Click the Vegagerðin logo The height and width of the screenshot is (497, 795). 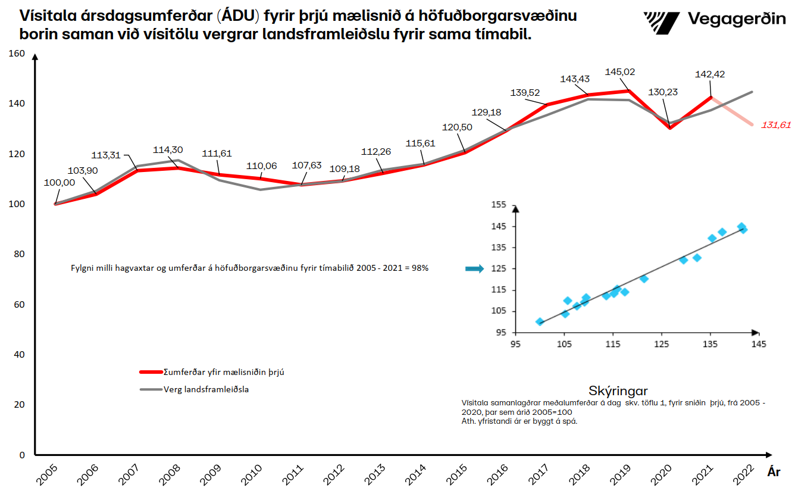tap(715, 20)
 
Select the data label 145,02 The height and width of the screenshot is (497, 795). tap(619, 72)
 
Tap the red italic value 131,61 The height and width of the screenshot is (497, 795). tap(776, 125)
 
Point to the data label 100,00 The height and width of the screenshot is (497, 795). tap(60, 183)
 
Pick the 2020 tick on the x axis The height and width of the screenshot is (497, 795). tap(662, 476)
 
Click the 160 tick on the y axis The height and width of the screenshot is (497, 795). tap(18, 54)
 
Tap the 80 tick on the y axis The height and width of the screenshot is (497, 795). tap(20, 255)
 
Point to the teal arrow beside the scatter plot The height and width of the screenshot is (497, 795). tap(475, 269)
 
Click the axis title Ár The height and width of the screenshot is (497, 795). tap(774, 472)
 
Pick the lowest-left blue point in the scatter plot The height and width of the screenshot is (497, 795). tap(540, 322)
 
